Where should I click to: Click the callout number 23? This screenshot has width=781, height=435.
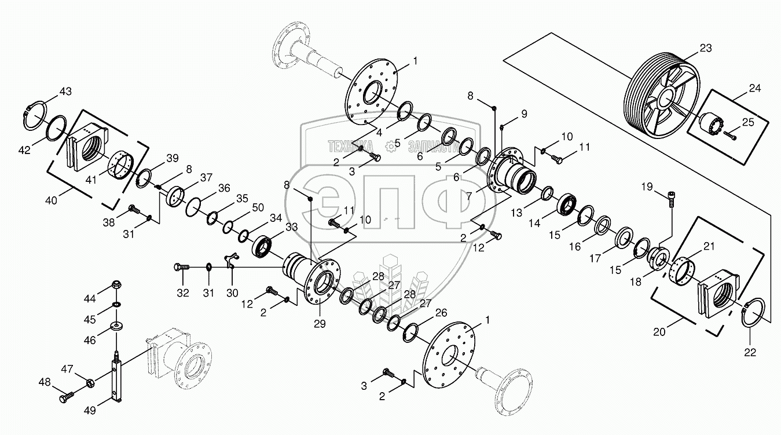click(705, 49)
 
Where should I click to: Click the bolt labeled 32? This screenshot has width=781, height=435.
click(181, 267)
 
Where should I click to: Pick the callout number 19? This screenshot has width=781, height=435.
click(647, 187)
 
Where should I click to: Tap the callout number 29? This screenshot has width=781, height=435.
click(319, 323)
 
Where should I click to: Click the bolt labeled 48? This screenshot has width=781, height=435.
click(65, 398)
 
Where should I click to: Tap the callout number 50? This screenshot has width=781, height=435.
click(258, 207)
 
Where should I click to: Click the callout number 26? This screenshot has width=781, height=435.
click(441, 312)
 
